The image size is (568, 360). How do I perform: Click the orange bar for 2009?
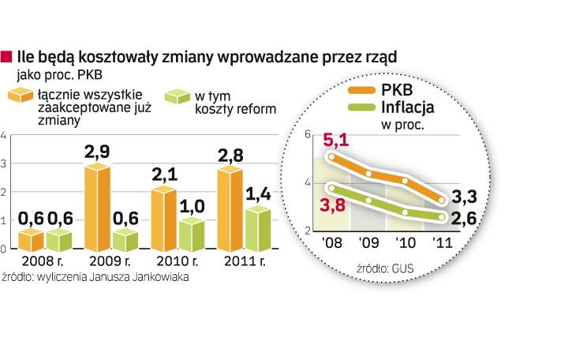[97, 208]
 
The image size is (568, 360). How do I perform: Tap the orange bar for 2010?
[164, 219]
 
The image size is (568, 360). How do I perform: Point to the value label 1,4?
[258, 194]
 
